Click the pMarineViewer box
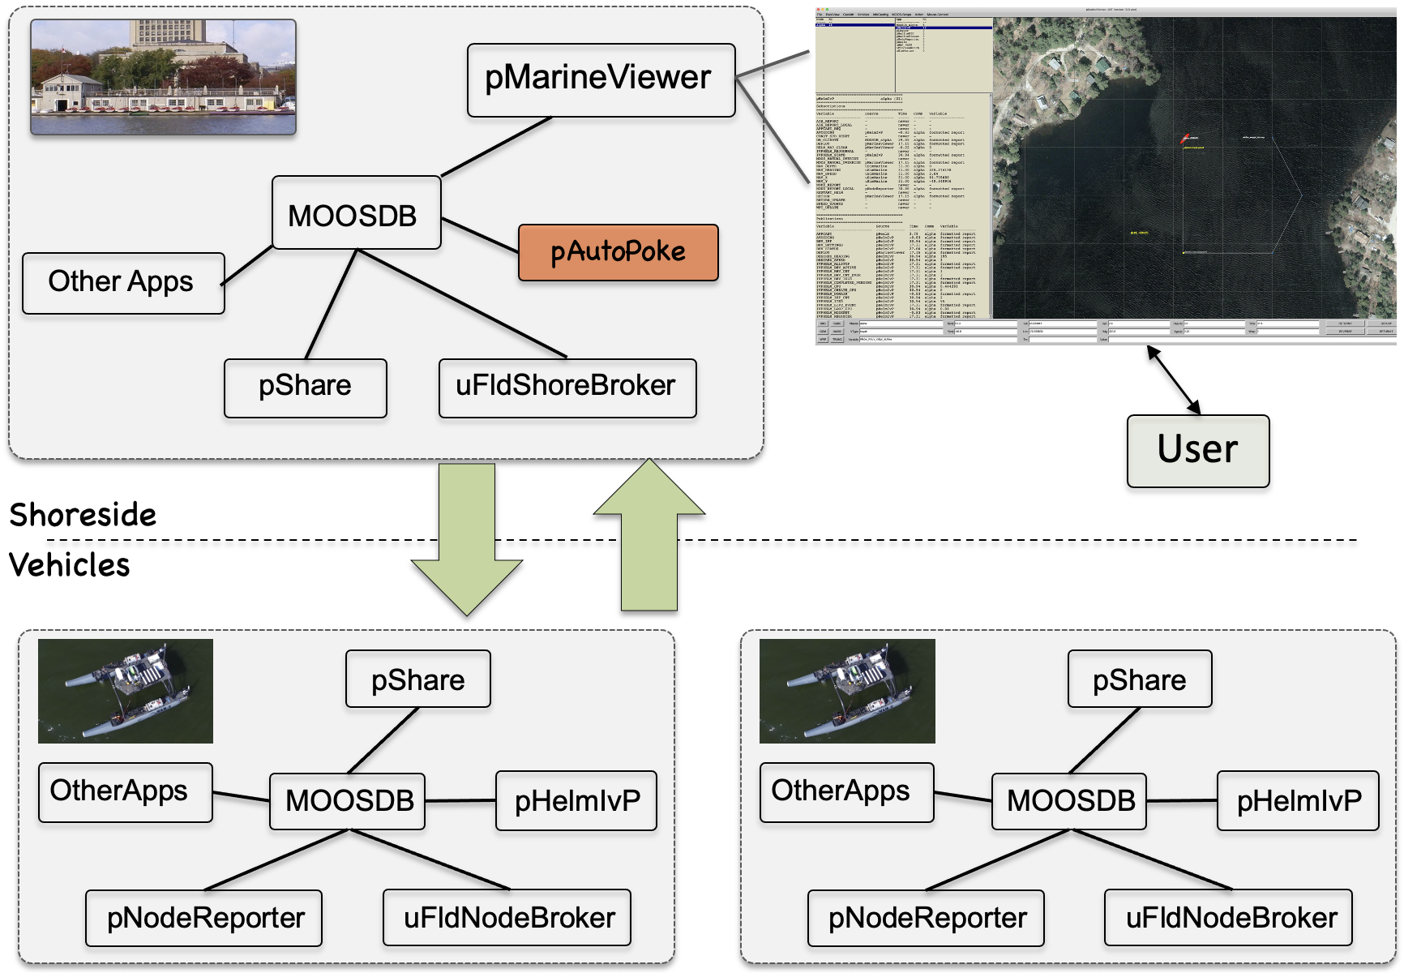pyautogui.click(x=601, y=79)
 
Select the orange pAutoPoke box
pyautogui.click(x=618, y=252)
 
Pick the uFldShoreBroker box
pyautogui.click(x=567, y=388)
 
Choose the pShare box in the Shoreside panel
pyautogui.click(x=305, y=388)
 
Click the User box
pyautogui.click(x=1197, y=451)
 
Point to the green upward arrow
pyautogui.click(x=649, y=535)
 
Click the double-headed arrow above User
pyautogui.click(x=1173, y=379)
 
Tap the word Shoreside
pyautogui.click(x=83, y=515)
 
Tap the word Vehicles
pyautogui.click(x=70, y=565)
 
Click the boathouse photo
pyautogui.click(x=163, y=77)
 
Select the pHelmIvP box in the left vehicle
pyautogui.click(x=576, y=800)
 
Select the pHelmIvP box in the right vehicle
pyautogui.click(x=1298, y=800)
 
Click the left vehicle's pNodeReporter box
pyautogui.click(x=204, y=918)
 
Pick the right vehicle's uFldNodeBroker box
pyautogui.click(x=1229, y=918)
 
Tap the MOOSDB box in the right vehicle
pyautogui.click(x=1069, y=800)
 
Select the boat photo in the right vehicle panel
pyautogui.click(x=847, y=691)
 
